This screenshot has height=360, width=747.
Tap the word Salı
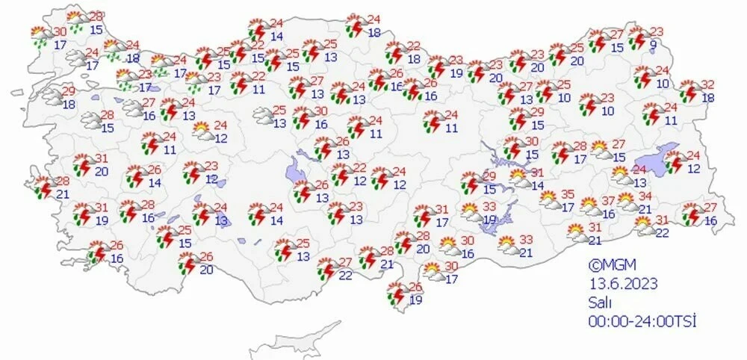(x=600, y=302)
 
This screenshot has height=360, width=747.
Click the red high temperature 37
(x=608, y=200)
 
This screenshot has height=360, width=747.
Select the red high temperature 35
(x=568, y=194)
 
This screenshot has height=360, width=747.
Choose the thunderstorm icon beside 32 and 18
(x=689, y=93)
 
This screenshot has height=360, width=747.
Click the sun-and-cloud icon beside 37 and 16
(x=589, y=206)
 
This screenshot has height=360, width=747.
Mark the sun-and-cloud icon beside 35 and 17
(x=549, y=200)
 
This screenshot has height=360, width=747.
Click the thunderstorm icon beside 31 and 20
(x=83, y=164)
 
